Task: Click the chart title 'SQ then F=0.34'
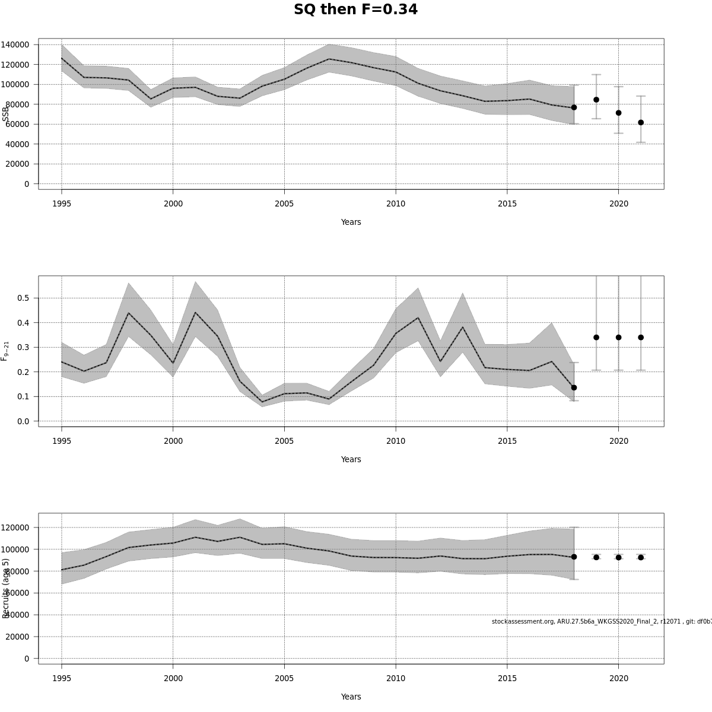pyautogui.click(x=355, y=10)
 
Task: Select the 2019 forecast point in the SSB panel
pyautogui.click(x=596, y=100)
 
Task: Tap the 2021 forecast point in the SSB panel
pyautogui.click(x=641, y=122)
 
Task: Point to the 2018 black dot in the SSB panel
pyautogui.click(x=574, y=107)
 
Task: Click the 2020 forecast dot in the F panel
pyautogui.click(x=618, y=337)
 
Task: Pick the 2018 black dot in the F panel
pyautogui.click(x=574, y=387)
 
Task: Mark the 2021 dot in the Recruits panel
pyautogui.click(x=641, y=557)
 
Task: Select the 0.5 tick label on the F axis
pyautogui.click(x=23, y=298)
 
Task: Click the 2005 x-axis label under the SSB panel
pyautogui.click(x=284, y=204)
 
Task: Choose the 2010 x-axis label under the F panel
pyautogui.click(x=396, y=441)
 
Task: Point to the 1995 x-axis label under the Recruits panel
pyautogui.click(x=62, y=678)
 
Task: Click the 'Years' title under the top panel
pyautogui.click(x=351, y=222)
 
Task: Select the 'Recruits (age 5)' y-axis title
pyautogui.click(x=6, y=588)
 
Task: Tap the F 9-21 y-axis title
pyautogui.click(x=5, y=351)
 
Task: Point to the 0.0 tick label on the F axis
pyautogui.click(x=23, y=421)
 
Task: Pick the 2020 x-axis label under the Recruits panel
pyautogui.click(x=618, y=678)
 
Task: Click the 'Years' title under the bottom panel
pyautogui.click(x=351, y=697)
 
